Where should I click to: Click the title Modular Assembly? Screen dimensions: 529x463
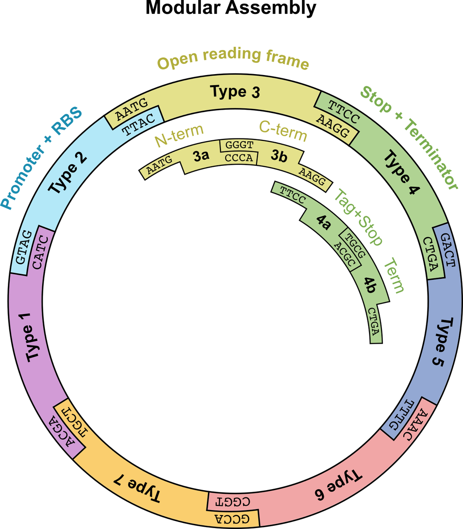pyautogui.click(x=231, y=8)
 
